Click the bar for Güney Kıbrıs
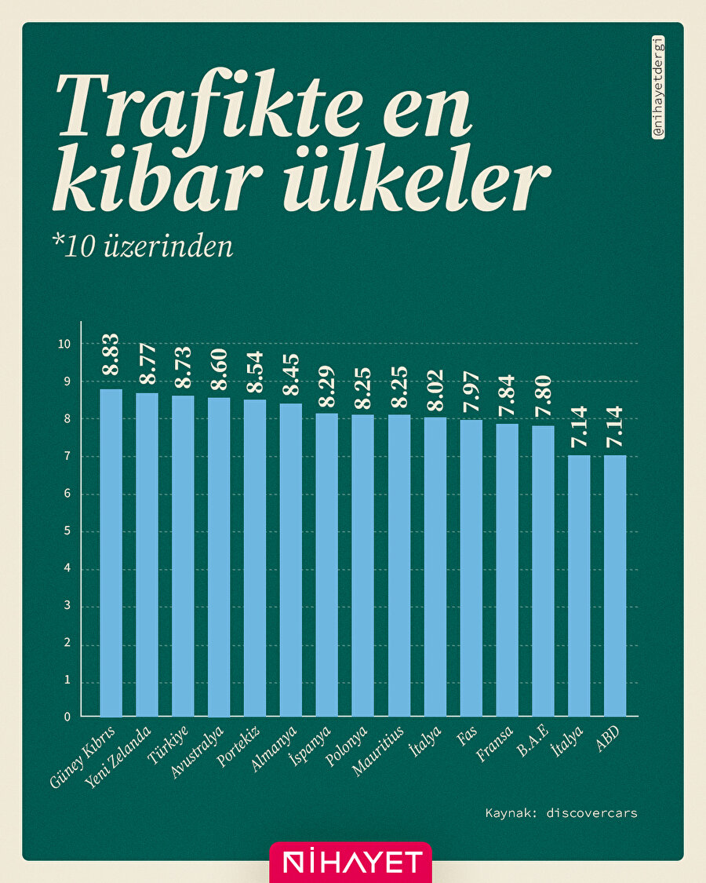tap(111, 553)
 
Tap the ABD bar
tap(615, 586)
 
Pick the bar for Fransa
tap(507, 570)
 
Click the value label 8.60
tap(220, 369)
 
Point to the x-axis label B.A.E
tap(532, 740)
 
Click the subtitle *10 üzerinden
tap(144, 246)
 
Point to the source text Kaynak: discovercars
tap(561, 813)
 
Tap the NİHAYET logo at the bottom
tap(351, 863)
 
